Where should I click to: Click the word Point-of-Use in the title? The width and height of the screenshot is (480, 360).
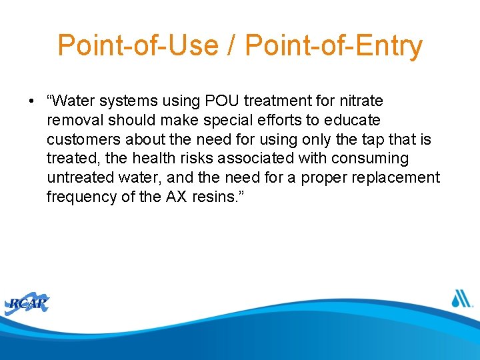point(138,45)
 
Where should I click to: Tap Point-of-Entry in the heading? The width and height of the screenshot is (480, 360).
point(334,45)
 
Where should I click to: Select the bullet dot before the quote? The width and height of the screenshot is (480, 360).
point(31,101)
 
